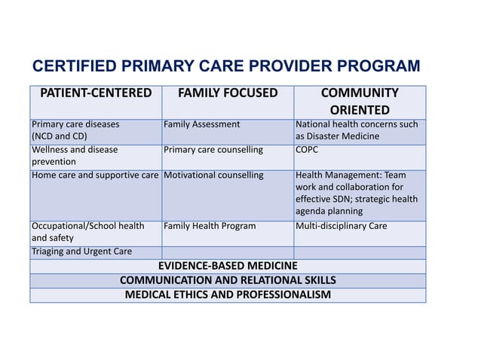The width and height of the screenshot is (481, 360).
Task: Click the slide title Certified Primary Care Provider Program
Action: [x=226, y=66]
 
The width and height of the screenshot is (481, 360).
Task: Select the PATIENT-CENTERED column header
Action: [x=96, y=93]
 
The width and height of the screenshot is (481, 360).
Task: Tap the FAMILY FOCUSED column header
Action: [x=227, y=93]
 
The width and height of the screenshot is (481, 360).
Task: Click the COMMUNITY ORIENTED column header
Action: [x=360, y=102]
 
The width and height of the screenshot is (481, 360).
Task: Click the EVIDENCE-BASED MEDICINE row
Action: [x=228, y=266]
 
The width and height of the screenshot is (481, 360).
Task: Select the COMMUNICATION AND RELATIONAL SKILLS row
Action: [x=228, y=280]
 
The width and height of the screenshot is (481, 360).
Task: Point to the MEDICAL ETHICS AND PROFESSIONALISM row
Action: [x=228, y=294]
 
